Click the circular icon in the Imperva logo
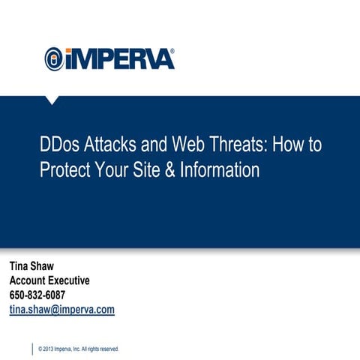[54, 58]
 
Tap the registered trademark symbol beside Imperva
[172, 52]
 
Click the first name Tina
[20, 266]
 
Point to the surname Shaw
[49, 266]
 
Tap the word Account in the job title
[29, 280]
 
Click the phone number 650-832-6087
[37, 295]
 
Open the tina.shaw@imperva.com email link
[61, 309]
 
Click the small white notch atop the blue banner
[52, 100]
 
